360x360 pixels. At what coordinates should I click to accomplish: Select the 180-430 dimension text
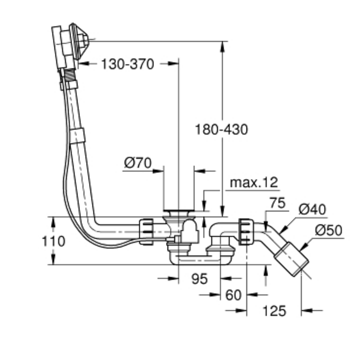[x=221, y=129]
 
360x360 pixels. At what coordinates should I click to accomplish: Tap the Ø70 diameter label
[x=137, y=163]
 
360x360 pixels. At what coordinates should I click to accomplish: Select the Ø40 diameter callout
[x=312, y=209]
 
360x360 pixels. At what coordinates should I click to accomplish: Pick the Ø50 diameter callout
[x=328, y=231]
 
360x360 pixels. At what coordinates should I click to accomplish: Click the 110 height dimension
[x=54, y=241]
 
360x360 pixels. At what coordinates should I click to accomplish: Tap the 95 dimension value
[x=199, y=279]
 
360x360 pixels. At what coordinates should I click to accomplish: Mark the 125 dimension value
[x=275, y=310]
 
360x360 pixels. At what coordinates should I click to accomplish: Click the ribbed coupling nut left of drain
[x=147, y=231]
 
